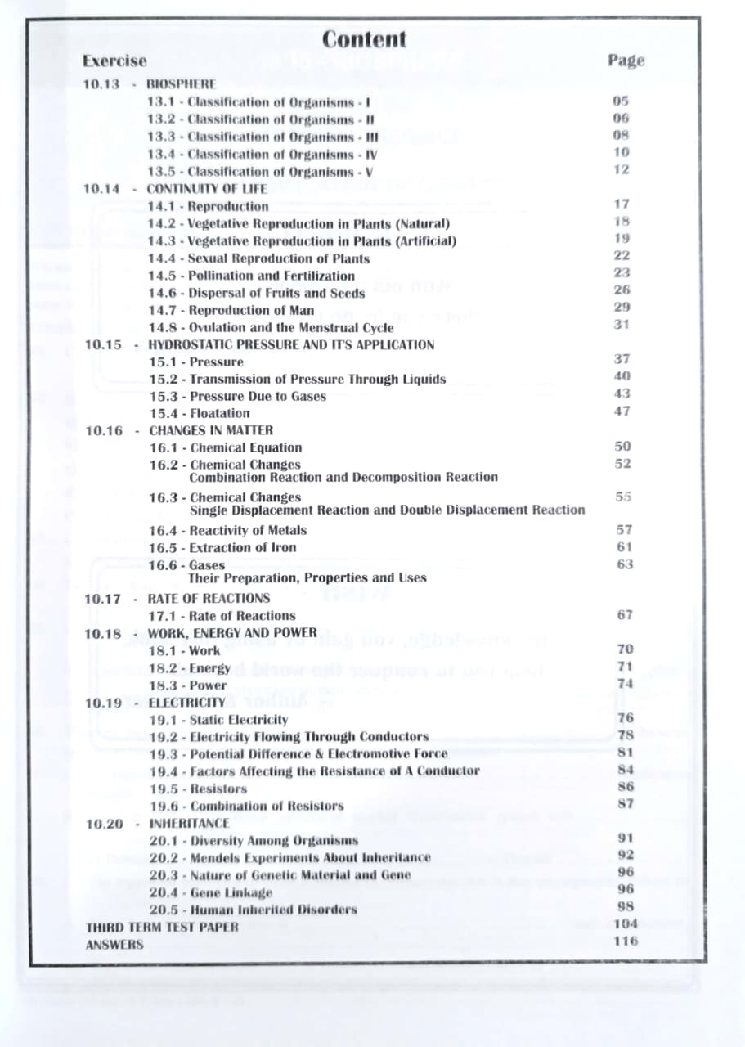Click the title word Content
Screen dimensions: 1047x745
point(364,38)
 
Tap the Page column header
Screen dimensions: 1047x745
point(626,61)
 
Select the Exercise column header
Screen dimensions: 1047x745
point(114,61)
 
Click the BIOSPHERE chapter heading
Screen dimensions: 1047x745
point(181,83)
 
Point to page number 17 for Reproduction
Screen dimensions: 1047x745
point(622,204)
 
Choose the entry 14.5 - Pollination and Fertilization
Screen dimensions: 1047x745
point(251,276)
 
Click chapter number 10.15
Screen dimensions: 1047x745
point(103,344)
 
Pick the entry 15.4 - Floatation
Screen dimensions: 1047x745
point(200,413)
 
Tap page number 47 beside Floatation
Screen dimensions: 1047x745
point(622,411)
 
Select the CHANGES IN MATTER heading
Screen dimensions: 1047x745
point(211,430)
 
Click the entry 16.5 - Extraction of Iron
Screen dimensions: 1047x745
point(222,547)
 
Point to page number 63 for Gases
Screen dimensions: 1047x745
point(624,564)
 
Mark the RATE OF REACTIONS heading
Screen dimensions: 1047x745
point(209,599)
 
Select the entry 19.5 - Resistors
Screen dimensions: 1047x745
point(198,789)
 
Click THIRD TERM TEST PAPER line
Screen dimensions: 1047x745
point(162,927)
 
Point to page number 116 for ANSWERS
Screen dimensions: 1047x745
point(626,941)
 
